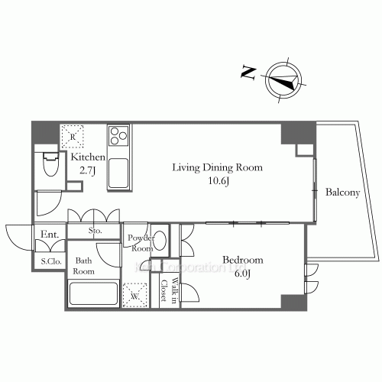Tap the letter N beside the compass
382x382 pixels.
coord(248,73)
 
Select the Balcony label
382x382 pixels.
coord(342,193)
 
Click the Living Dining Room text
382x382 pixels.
coord(217,167)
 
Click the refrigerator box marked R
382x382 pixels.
coord(73,136)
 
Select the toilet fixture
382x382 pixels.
coord(51,165)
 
